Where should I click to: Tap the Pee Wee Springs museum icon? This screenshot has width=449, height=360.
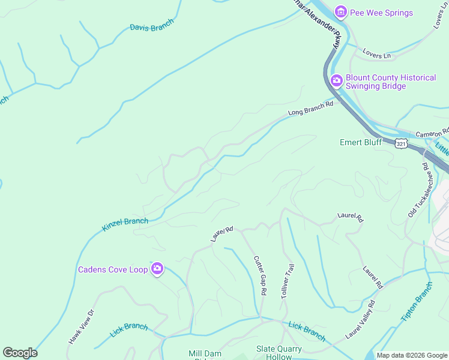(x=341, y=12)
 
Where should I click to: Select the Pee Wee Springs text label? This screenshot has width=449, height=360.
(x=381, y=13)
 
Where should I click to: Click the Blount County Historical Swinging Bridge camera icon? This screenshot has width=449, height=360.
(x=337, y=80)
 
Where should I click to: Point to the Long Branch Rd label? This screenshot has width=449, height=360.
(x=310, y=108)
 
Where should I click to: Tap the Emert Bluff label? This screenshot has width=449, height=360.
(x=361, y=142)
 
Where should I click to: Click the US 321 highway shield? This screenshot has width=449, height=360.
(x=402, y=143)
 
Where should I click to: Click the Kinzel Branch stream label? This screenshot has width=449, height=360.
(x=125, y=224)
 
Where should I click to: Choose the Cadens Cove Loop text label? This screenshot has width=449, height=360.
(x=113, y=269)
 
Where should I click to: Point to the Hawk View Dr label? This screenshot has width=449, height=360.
(x=82, y=326)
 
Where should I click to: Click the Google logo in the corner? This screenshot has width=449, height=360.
(x=20, y=353)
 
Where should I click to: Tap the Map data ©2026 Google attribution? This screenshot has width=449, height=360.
(x=411, y=355)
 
